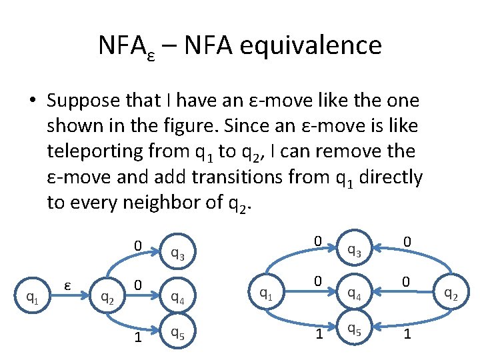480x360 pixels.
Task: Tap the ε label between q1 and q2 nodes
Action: click(x=68, y=285)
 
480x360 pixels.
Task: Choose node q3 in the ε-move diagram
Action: click(x=178, y=252)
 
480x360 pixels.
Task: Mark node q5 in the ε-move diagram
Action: click(x=178, y=331)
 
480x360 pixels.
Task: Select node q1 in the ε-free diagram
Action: click(x=265, y=291)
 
